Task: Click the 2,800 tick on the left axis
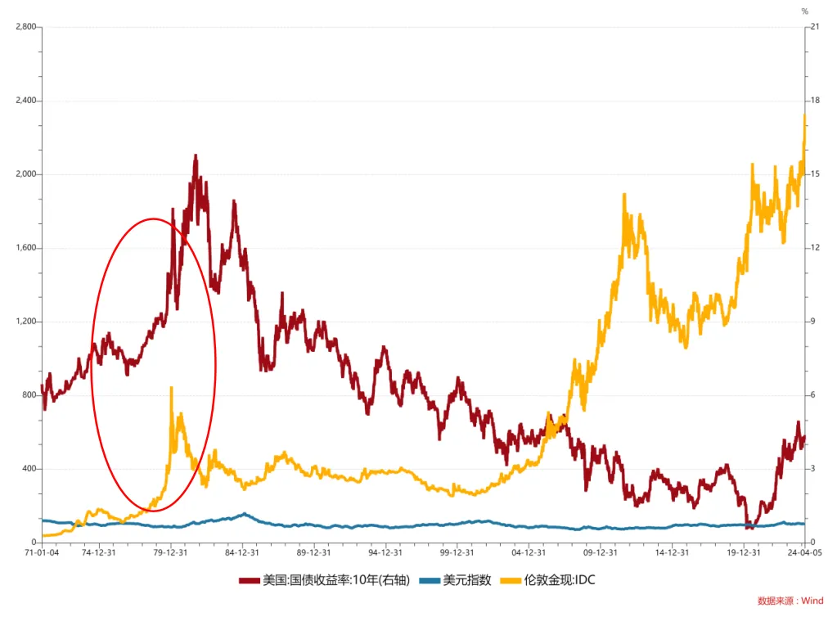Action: pos(25,27)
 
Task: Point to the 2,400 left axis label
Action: pos(25,101)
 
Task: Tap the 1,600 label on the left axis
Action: pos(25,248)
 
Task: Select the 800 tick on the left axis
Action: pos(28,395)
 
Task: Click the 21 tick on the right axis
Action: pos(815,27)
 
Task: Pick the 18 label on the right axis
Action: pos(815,101)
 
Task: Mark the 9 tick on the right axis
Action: pos(813,322)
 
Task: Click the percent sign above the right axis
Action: pos(804,11)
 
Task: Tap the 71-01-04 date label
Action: pos(42,553)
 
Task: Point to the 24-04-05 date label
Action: pos(804,553)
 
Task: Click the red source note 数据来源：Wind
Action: pos(790,601)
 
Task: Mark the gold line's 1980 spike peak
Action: pos(171,388)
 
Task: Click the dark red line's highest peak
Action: pos(195,155)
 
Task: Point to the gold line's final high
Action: pos(804,115)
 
